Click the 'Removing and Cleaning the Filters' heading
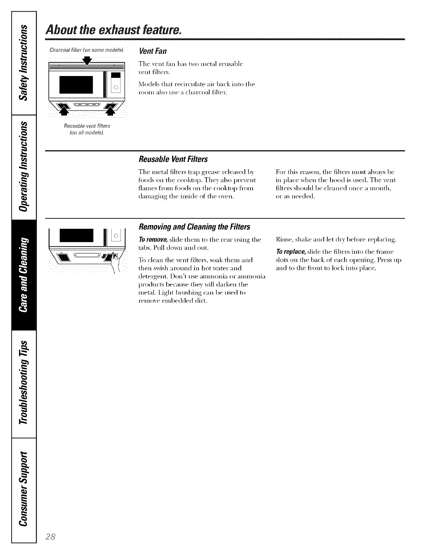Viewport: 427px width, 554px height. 194,227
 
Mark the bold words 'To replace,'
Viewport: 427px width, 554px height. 291,252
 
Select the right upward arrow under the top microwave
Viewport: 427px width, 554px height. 111,109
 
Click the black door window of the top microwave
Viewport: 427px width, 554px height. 76,84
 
